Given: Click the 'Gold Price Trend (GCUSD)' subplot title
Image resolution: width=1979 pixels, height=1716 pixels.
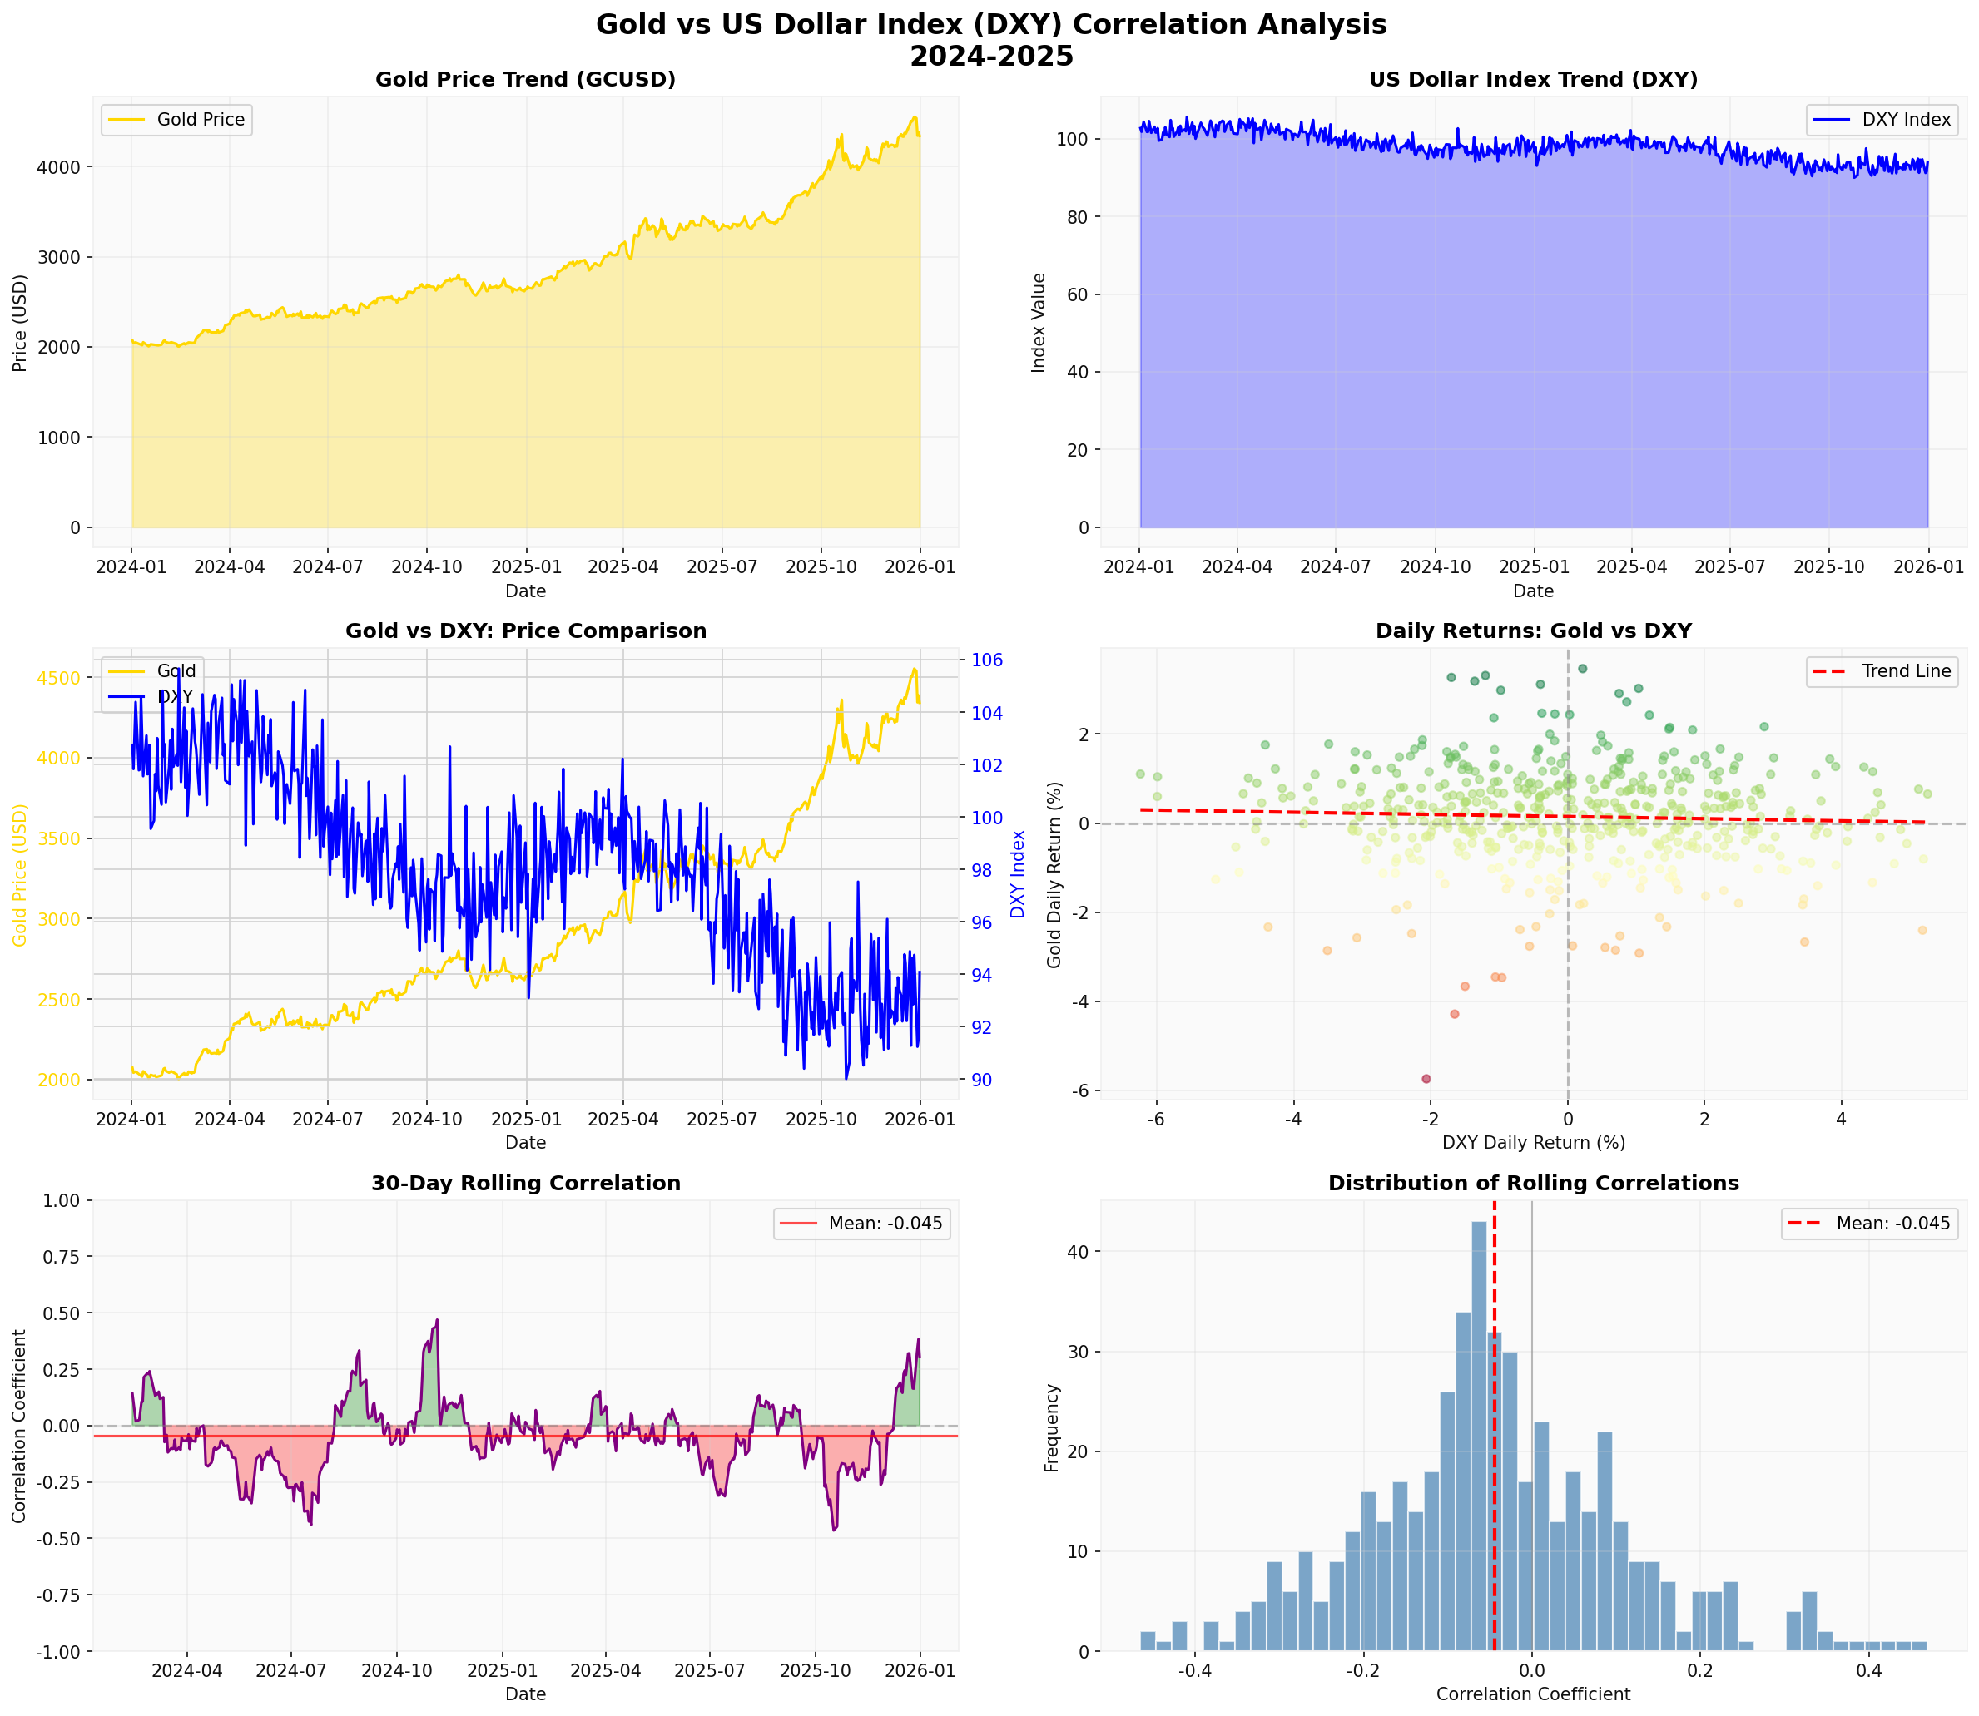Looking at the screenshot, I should [x=525, y=80].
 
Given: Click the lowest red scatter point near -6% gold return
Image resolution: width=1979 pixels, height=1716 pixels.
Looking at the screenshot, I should [x=1426, y=1079].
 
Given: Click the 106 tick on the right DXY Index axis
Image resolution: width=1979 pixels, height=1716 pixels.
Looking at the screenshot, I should [x=987, y=660].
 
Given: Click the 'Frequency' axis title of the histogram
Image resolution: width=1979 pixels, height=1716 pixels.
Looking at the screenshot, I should [x=1052, y=1427].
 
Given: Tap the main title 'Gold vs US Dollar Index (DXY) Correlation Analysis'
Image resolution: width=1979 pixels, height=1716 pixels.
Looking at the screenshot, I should [x=990, y=25].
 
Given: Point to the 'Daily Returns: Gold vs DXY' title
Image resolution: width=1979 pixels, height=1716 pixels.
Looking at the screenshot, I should [x=1533, y=631].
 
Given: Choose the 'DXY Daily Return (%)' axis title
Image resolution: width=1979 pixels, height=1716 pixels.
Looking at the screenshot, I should [x=1533, y=1142].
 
